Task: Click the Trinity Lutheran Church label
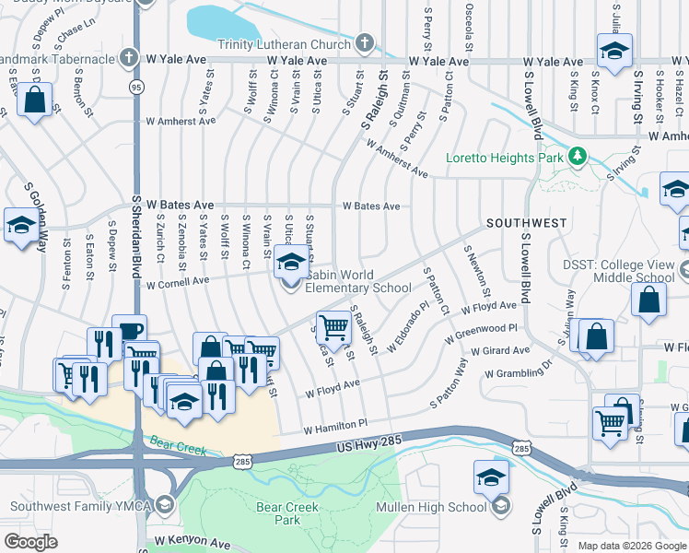click(x=284, y=44)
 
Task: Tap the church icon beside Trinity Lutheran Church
click(x=365, y=43)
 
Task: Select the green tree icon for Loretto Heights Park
click(x=578, y=156)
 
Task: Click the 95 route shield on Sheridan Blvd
click(x=136, y=87)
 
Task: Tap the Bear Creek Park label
click(x=278, y=513)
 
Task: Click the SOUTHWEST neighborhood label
click(x=526, y=223)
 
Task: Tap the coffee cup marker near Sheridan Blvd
click(x=129, y=331)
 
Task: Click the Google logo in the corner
click(x=30, y=542)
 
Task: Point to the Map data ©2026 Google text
click(x=631, y=546)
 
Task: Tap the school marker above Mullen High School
click(x=492, y=477)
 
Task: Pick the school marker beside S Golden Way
click(x=20, y=225)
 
